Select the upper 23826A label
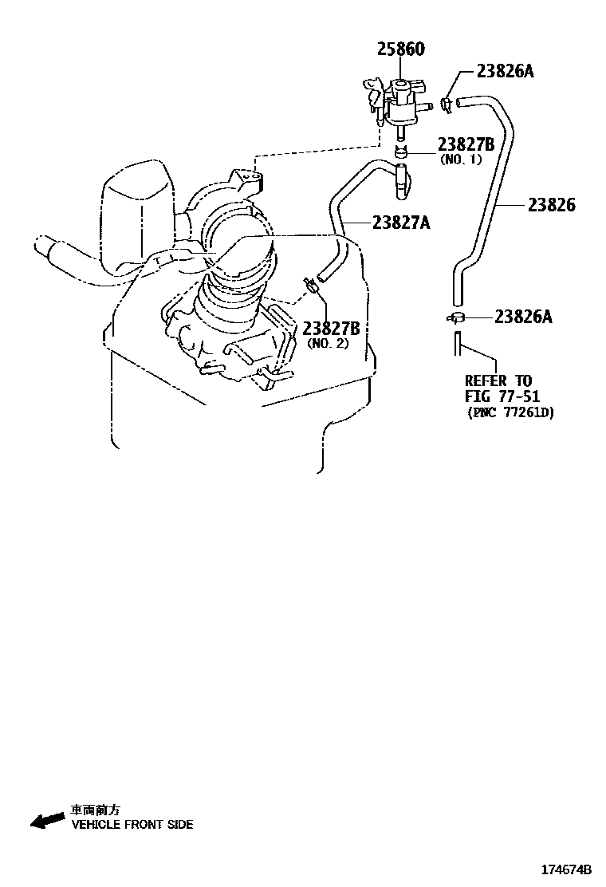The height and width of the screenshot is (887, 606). pyautogui.click(x=505, y=71)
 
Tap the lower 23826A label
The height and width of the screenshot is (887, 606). pyautogui.click(x=523, y=317)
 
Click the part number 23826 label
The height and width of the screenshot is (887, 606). pyautogui.click(x=552, y=205)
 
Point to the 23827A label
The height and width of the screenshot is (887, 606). pyautogui.click(x=399, y=223)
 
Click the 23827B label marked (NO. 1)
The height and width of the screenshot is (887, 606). pyautogui.click(x=466, y=144)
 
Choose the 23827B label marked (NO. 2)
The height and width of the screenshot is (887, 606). pyautogui.click(x=331, y=328)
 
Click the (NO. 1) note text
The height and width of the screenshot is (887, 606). pyautogui.click(x=462, y=160)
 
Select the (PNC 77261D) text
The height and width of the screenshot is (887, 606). pyautogui.click(x=510, y=412)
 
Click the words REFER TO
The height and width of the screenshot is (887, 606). pyautogui.click(x=498, y=380)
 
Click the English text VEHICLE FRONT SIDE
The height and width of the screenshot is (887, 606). pyautogui.click(x=132, y=825)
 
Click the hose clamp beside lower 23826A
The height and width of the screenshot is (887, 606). pyautogui.click(x=455, y=317)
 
